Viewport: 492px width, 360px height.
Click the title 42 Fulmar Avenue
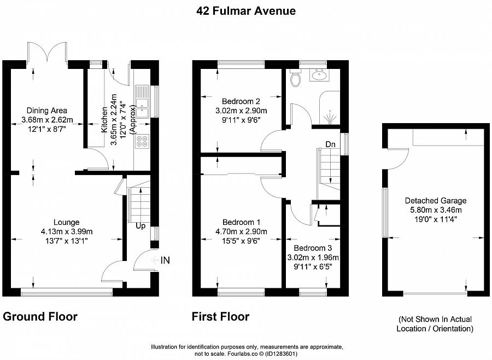(245, 11)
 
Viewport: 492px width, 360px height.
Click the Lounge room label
(67, 222)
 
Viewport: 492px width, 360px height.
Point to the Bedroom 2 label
(241, 101)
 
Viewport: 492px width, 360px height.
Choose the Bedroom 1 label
(241, 222)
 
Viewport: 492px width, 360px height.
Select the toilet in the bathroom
(296, 79)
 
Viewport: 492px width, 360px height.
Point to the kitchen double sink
(142, 101)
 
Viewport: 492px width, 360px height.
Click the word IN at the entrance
(165, 261)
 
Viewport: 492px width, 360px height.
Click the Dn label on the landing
(330, 144)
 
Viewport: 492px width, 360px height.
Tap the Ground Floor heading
(40, 317)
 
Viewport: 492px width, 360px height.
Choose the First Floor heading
(220, 317)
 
